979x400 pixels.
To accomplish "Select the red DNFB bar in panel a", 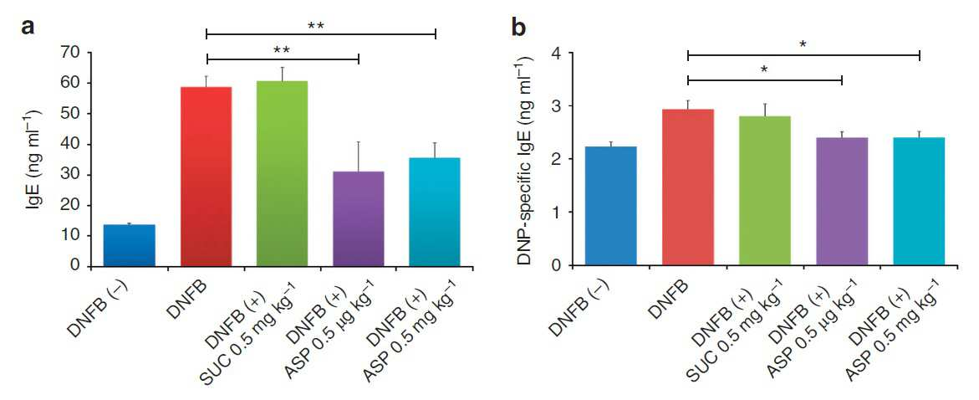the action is tap(206, 177).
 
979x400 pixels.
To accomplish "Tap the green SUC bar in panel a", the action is tap(282, 174).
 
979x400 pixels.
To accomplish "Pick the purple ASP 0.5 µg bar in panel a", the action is tap(359, 218).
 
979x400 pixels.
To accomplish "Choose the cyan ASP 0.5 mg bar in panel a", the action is tap(435, 213).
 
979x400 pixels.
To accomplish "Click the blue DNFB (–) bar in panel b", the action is tap(610, 206).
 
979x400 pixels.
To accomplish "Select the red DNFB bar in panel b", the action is tap(688, 187).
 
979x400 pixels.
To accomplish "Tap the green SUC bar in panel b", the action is tap(765, 192).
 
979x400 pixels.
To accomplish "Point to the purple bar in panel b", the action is tap(842, 202).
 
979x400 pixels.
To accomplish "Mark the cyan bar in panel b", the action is tap(919, 202).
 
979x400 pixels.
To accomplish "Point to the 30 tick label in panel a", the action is tap(71, 174).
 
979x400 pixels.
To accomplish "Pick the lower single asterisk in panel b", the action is tap(765, 69).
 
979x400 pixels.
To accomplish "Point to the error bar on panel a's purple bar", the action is tap(359, 156).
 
